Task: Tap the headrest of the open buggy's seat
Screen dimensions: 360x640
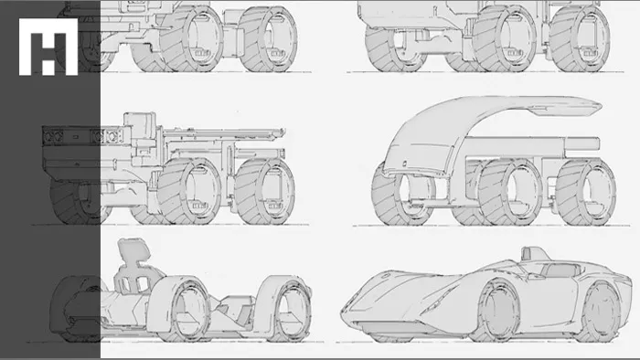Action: pos(133,249)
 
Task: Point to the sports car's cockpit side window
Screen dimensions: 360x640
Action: pos(559,270)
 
